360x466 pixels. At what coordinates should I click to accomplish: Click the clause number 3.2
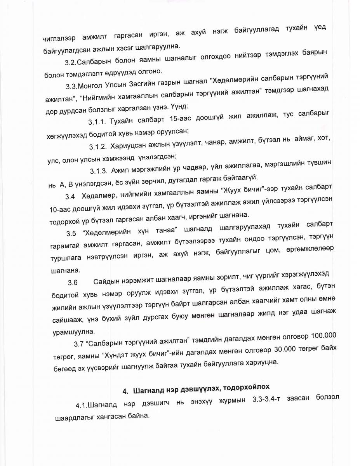pyautogui.click(x=71, y=62)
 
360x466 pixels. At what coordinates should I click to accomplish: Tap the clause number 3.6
pyautogui.click(x=73, y=282)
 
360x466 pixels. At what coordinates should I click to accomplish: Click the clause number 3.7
pyautogui.click(x=78, y=343)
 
